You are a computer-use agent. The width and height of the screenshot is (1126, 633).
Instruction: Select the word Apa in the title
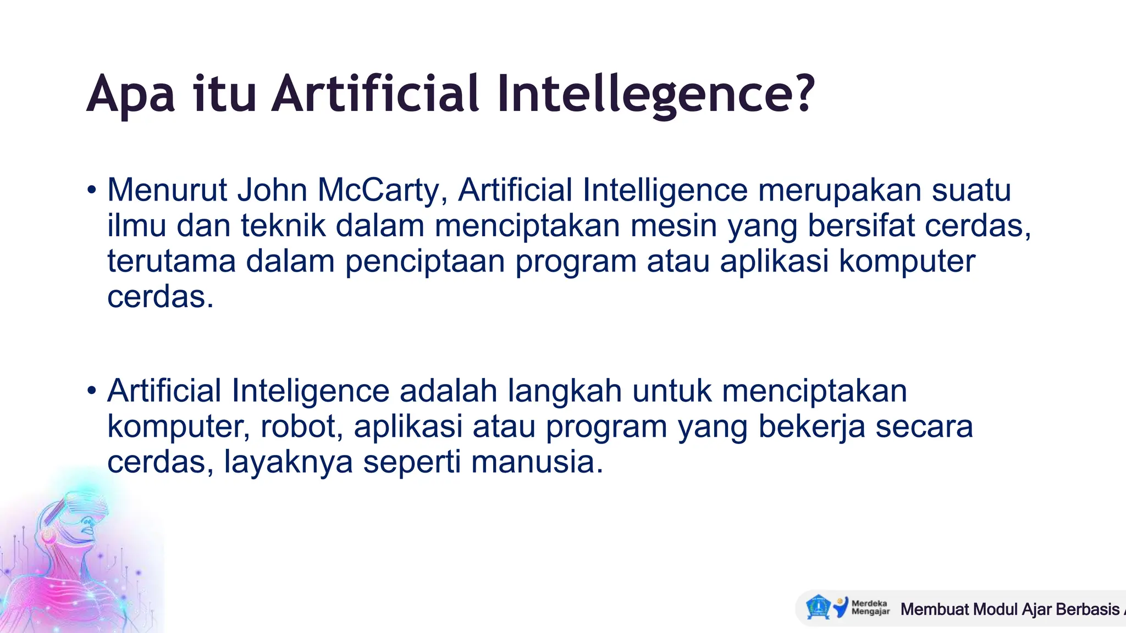coord(130,95)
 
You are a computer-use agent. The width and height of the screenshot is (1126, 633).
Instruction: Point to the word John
coord(272,190)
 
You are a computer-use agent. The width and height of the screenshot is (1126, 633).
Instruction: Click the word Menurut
coord(167,190)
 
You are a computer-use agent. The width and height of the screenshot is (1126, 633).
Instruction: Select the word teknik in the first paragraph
coord(283,226)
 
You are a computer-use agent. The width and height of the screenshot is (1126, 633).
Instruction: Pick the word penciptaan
coord(425,262)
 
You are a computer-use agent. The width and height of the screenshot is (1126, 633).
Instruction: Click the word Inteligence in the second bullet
coord(311,391)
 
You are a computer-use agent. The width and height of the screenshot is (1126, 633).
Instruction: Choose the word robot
coord(302,427)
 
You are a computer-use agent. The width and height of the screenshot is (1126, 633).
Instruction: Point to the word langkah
coord(565,391)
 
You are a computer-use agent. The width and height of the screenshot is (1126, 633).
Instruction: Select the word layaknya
coord(288,462)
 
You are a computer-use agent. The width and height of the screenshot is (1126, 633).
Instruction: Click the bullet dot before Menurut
coord(91,191)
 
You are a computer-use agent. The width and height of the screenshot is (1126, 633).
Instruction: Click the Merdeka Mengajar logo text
coord(870,607)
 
